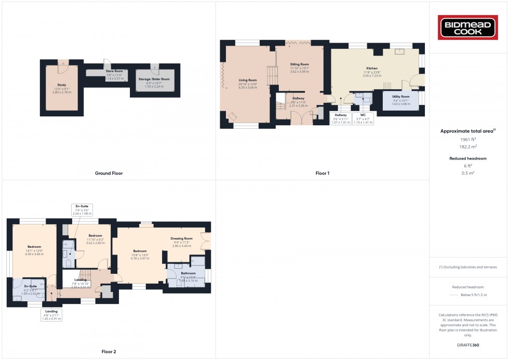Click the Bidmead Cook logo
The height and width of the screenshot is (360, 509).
pyautogui.click(x=469, y=28)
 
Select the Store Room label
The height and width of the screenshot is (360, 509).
pyautogui.click(x=114, y=74)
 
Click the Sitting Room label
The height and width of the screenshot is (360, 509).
pyautogui.click(x=300, y=68)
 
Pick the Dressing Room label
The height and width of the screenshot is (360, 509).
pyautogui.click(x=181, y=242)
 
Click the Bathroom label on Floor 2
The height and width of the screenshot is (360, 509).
pyautogui.click(x=188, y=276)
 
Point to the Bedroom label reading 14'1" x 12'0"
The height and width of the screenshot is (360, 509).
pyautogui.click(x=34, y=250)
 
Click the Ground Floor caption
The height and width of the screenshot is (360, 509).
pyautogui.click(x=109, y=173)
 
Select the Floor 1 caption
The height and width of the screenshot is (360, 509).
pyautogui.click(x=323, y=173)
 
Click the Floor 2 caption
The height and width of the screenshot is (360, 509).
pyautogui.click(x=109, y=352)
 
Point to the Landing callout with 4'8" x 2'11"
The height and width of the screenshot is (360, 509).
pyautogui.click(x=51, y=315)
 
